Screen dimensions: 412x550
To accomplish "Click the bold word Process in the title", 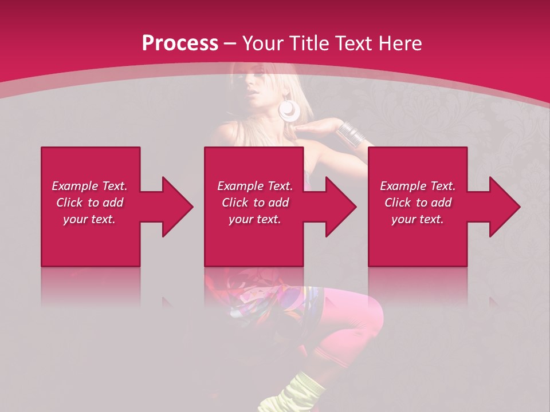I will coord(180,43).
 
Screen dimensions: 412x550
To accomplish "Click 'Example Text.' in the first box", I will coord(89,186).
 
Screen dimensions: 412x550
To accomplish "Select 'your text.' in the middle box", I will coord(254,219).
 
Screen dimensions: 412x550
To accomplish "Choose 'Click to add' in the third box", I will coord(418,203).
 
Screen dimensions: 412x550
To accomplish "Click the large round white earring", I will coord(289,110).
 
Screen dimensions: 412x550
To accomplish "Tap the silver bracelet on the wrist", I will coord(351,133).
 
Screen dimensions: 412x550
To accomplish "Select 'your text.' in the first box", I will coord(89,219).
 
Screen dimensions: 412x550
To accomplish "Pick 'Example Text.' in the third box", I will coord(418,186).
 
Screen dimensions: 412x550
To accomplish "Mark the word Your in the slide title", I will coord(263,43).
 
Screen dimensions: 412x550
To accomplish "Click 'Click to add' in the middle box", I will coord(254,203).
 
